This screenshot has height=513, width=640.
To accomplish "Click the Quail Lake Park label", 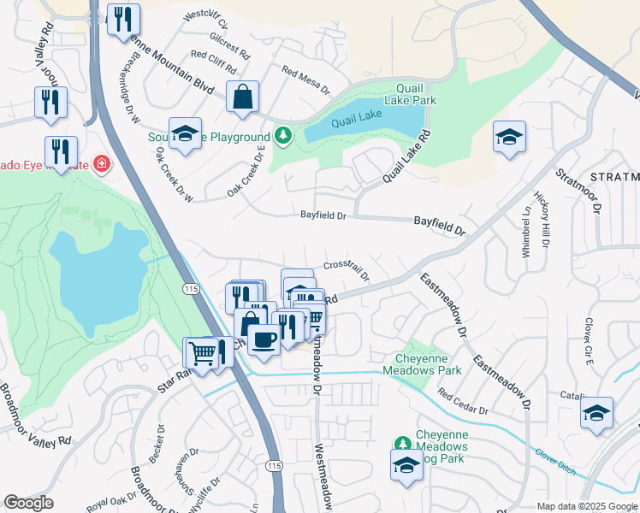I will tap(416, 94).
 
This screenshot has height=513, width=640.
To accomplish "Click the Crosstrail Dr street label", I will tap(347, 270).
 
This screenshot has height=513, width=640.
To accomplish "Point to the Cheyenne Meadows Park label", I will tap(428, 364).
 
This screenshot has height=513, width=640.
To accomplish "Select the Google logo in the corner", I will tap(28, 503).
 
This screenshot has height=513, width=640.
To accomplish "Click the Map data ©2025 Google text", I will tap(587, 506).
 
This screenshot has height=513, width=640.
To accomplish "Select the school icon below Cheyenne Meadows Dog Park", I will tap(406, 466).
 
